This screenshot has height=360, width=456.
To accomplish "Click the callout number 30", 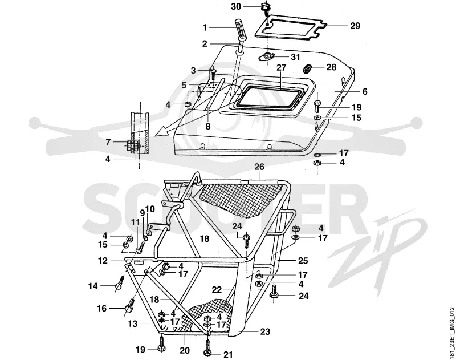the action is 236,6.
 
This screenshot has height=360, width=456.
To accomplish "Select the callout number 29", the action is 355,26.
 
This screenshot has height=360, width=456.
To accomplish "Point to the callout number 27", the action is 282,67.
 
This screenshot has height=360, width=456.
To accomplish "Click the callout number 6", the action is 365,91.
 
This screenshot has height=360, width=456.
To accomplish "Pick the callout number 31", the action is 295,56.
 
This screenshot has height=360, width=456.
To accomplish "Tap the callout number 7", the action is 108,142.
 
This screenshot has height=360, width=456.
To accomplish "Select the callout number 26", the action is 259,167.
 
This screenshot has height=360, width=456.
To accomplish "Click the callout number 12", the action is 103,261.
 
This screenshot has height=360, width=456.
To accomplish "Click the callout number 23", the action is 265,331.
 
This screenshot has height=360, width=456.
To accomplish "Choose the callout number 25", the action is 303,261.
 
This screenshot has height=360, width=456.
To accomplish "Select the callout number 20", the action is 185,350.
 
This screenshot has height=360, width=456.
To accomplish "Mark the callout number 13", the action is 133,323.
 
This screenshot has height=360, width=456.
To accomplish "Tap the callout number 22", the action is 217,290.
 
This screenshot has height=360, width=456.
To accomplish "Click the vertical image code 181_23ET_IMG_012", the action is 451,333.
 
